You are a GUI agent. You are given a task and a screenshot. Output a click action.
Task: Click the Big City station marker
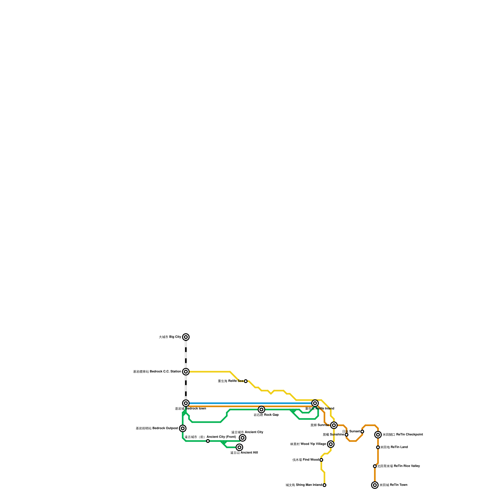[x=186, y=337]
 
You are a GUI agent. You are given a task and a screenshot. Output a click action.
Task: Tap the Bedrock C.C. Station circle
[x=186, y=372]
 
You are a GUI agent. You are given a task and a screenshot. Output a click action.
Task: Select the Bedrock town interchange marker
[x=186, y=403]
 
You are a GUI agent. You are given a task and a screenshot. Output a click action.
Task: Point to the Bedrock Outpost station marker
[x=183, y=428]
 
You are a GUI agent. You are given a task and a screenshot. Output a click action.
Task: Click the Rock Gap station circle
[x=261, y=409]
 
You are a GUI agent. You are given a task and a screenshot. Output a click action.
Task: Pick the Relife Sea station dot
[x=246, y=381]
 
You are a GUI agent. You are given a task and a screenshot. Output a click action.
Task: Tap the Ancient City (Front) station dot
[x=208, y=441]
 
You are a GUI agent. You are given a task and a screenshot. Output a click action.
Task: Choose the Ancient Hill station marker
[x=239, y=447]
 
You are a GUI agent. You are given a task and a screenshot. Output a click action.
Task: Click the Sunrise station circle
[x=334, y=425]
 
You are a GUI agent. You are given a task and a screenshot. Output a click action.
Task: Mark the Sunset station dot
[x=362, y=432]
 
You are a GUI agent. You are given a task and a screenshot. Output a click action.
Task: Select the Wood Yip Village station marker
[x=331, y=444]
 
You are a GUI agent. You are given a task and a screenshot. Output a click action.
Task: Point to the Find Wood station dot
[x=321, y=460]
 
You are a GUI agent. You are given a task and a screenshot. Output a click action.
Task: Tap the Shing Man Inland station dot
[x=324, y=485]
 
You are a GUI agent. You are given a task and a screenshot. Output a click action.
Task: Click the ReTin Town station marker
[x=375, y=485]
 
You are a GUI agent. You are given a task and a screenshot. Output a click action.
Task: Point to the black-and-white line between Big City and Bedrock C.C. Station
[x=186, y=354]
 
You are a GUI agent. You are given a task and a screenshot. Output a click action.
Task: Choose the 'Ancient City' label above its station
[x=247, y=432]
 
